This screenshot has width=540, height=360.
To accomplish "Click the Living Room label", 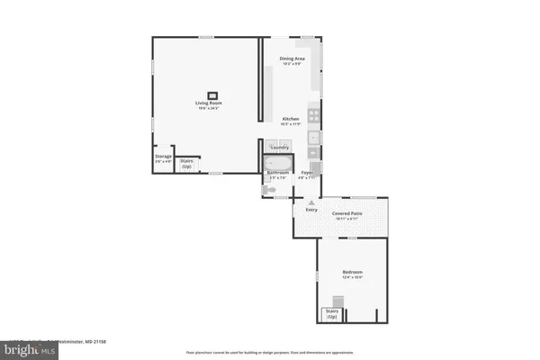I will tap(209, 103).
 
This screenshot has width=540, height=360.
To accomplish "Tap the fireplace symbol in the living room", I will tap(213, 94).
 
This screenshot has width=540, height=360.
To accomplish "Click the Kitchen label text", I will tap(290, 119).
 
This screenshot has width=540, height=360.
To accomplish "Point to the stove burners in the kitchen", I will tap(313, 114).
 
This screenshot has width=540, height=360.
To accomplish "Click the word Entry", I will tap(311, 210).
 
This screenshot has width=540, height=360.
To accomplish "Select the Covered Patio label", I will tap(347, 214).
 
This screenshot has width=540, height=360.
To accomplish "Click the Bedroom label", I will tap(352, 272).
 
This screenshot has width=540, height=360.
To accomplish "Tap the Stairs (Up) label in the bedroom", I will tap(331, 315).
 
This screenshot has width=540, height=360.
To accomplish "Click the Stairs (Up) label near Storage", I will tap(186, 164).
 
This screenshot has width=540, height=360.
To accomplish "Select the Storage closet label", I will tap(163, 157).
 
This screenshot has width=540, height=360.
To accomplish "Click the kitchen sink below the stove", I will tap(313, 138).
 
